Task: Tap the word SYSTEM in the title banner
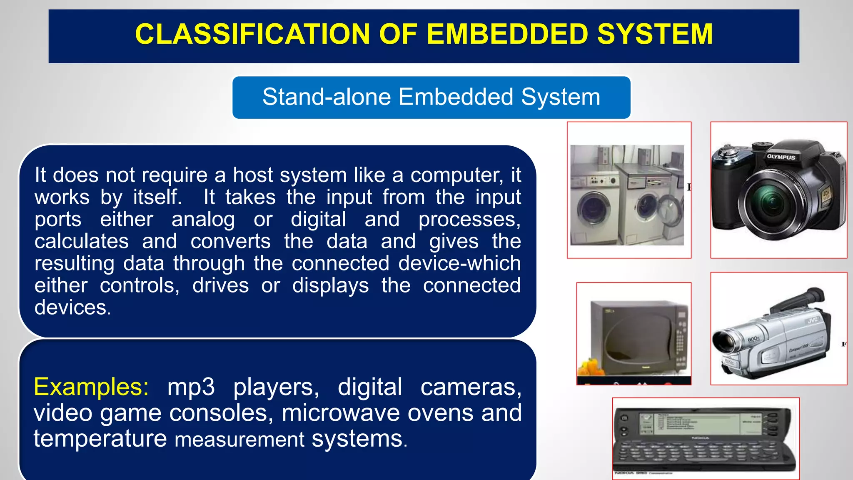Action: click(655, 34)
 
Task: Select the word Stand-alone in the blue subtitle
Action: click(327, 97)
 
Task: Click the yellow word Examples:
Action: click(91, 387)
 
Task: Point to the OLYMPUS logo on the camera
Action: click(781, 157)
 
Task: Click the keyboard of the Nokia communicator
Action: click(700, 454)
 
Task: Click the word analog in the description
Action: click(203, 220)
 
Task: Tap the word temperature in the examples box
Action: click(100, 439)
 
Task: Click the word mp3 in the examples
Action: click(191, 387)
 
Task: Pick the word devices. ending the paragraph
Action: click(72, 308)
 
